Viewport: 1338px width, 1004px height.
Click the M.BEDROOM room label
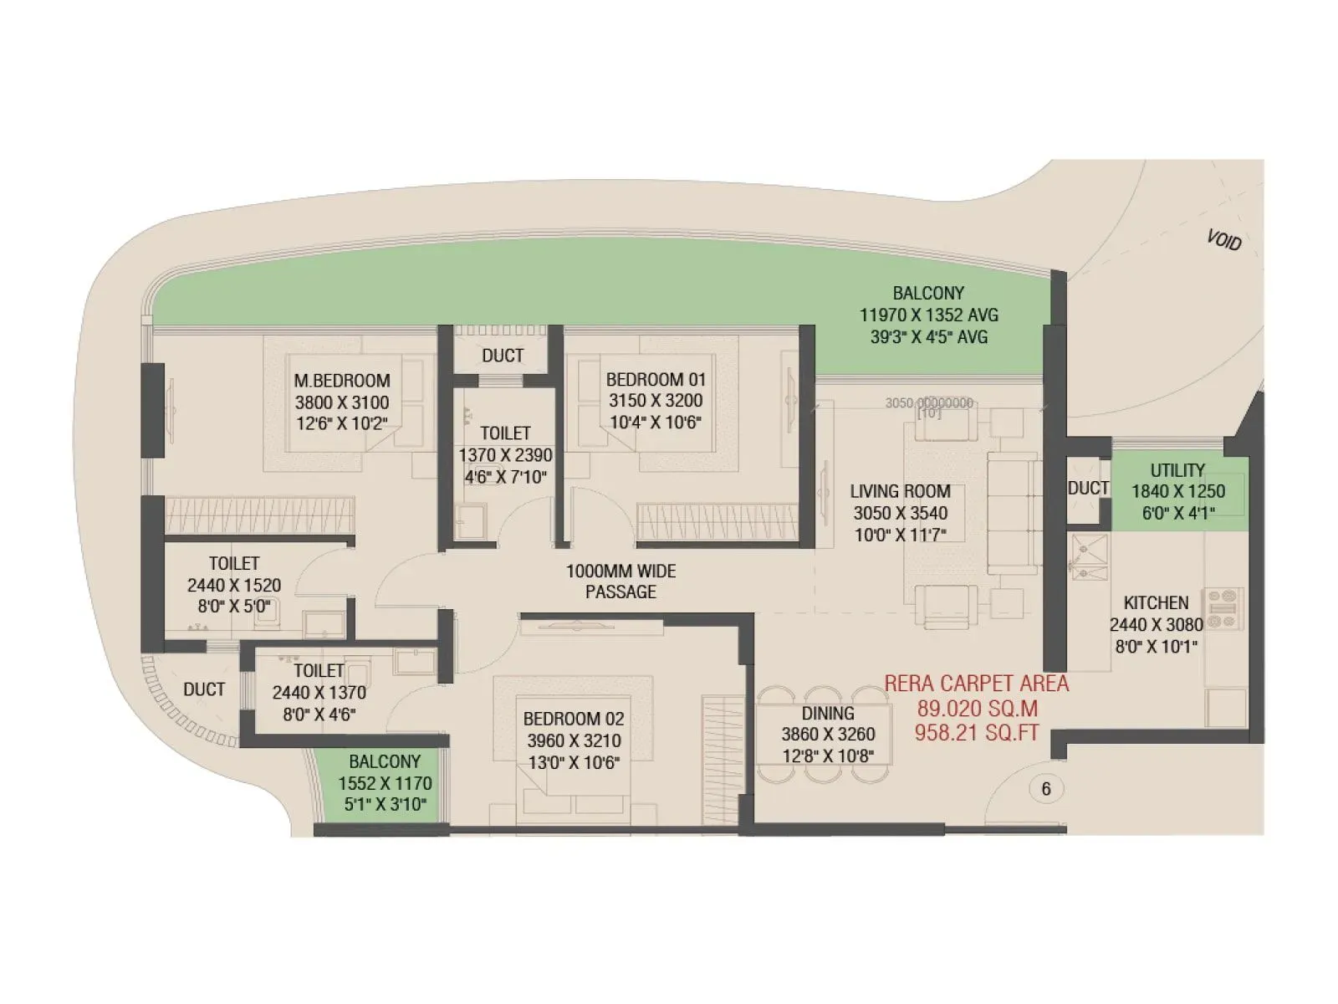[x=342, y=381]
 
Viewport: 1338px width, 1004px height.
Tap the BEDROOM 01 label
[x=656, y=379]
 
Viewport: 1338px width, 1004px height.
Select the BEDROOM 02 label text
[x=574, y=719]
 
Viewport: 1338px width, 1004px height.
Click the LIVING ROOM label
[x=900, y=491]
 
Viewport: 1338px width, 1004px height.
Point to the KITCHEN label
[x=1156, y=602]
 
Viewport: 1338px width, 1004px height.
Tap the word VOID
[x=1223, y=240]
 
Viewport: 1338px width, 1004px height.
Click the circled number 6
[x=1045, y=789]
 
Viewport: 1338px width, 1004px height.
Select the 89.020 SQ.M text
[x=977, y=709]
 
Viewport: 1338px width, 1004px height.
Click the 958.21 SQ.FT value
[x=977, y=733]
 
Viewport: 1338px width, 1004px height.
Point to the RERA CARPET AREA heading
[x=977, y=684]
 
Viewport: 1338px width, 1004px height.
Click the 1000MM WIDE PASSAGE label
[x=620, y=581]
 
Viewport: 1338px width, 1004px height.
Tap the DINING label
[x=828, y=713]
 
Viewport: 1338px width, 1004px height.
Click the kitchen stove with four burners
[x=1223, y=608]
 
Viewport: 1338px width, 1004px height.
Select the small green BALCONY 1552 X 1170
[x=385, y=783]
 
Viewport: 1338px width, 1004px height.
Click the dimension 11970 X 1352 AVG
[x=928, y=315]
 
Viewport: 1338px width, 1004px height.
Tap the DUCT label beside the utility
[x=1087, y=488]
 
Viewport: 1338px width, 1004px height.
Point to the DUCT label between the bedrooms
[x=503, y=356]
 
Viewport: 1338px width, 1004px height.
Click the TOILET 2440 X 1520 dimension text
[x=234, y=585]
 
